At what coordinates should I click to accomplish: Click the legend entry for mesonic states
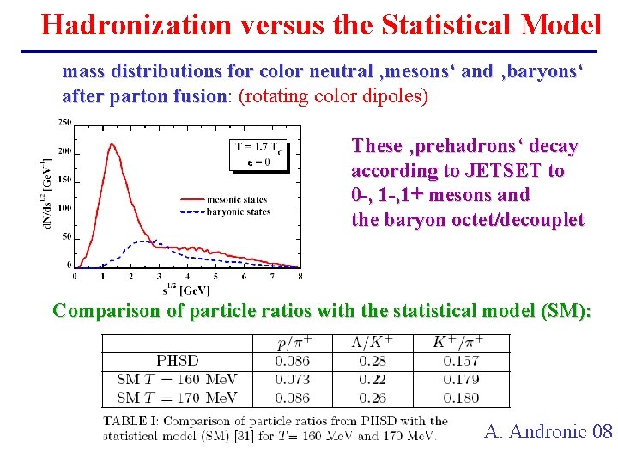pyautogui.click(x=235, y=199)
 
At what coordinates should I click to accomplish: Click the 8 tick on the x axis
pyautogui.click(x=299, y=277)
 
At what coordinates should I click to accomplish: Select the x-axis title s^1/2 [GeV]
pyautogui.click(x=186, y=289)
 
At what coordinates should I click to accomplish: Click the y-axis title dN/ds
pyautogui.click(x=42, y=197)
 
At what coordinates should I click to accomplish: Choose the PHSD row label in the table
pyautogui.click(x=177, y=361)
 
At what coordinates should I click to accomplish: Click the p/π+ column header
pyautogui.click(x=293, y=342)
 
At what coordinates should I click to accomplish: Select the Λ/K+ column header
pyautogui.click(x=373, y=342)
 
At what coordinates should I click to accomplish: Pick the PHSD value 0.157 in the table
pyautogui.click(x=461, y=361)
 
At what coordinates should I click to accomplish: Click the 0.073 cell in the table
pyautogui.click(x=293, y=379)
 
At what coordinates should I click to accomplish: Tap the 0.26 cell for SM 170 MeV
pyautogui.click(x=373, y=397)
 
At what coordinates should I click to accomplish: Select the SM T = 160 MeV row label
pyautogui.click(x=177, y=379)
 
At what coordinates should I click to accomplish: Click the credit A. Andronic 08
pyautogui.click(x=548, y=431)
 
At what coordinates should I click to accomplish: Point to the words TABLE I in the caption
pyautogui.click(x=131, y=421)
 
